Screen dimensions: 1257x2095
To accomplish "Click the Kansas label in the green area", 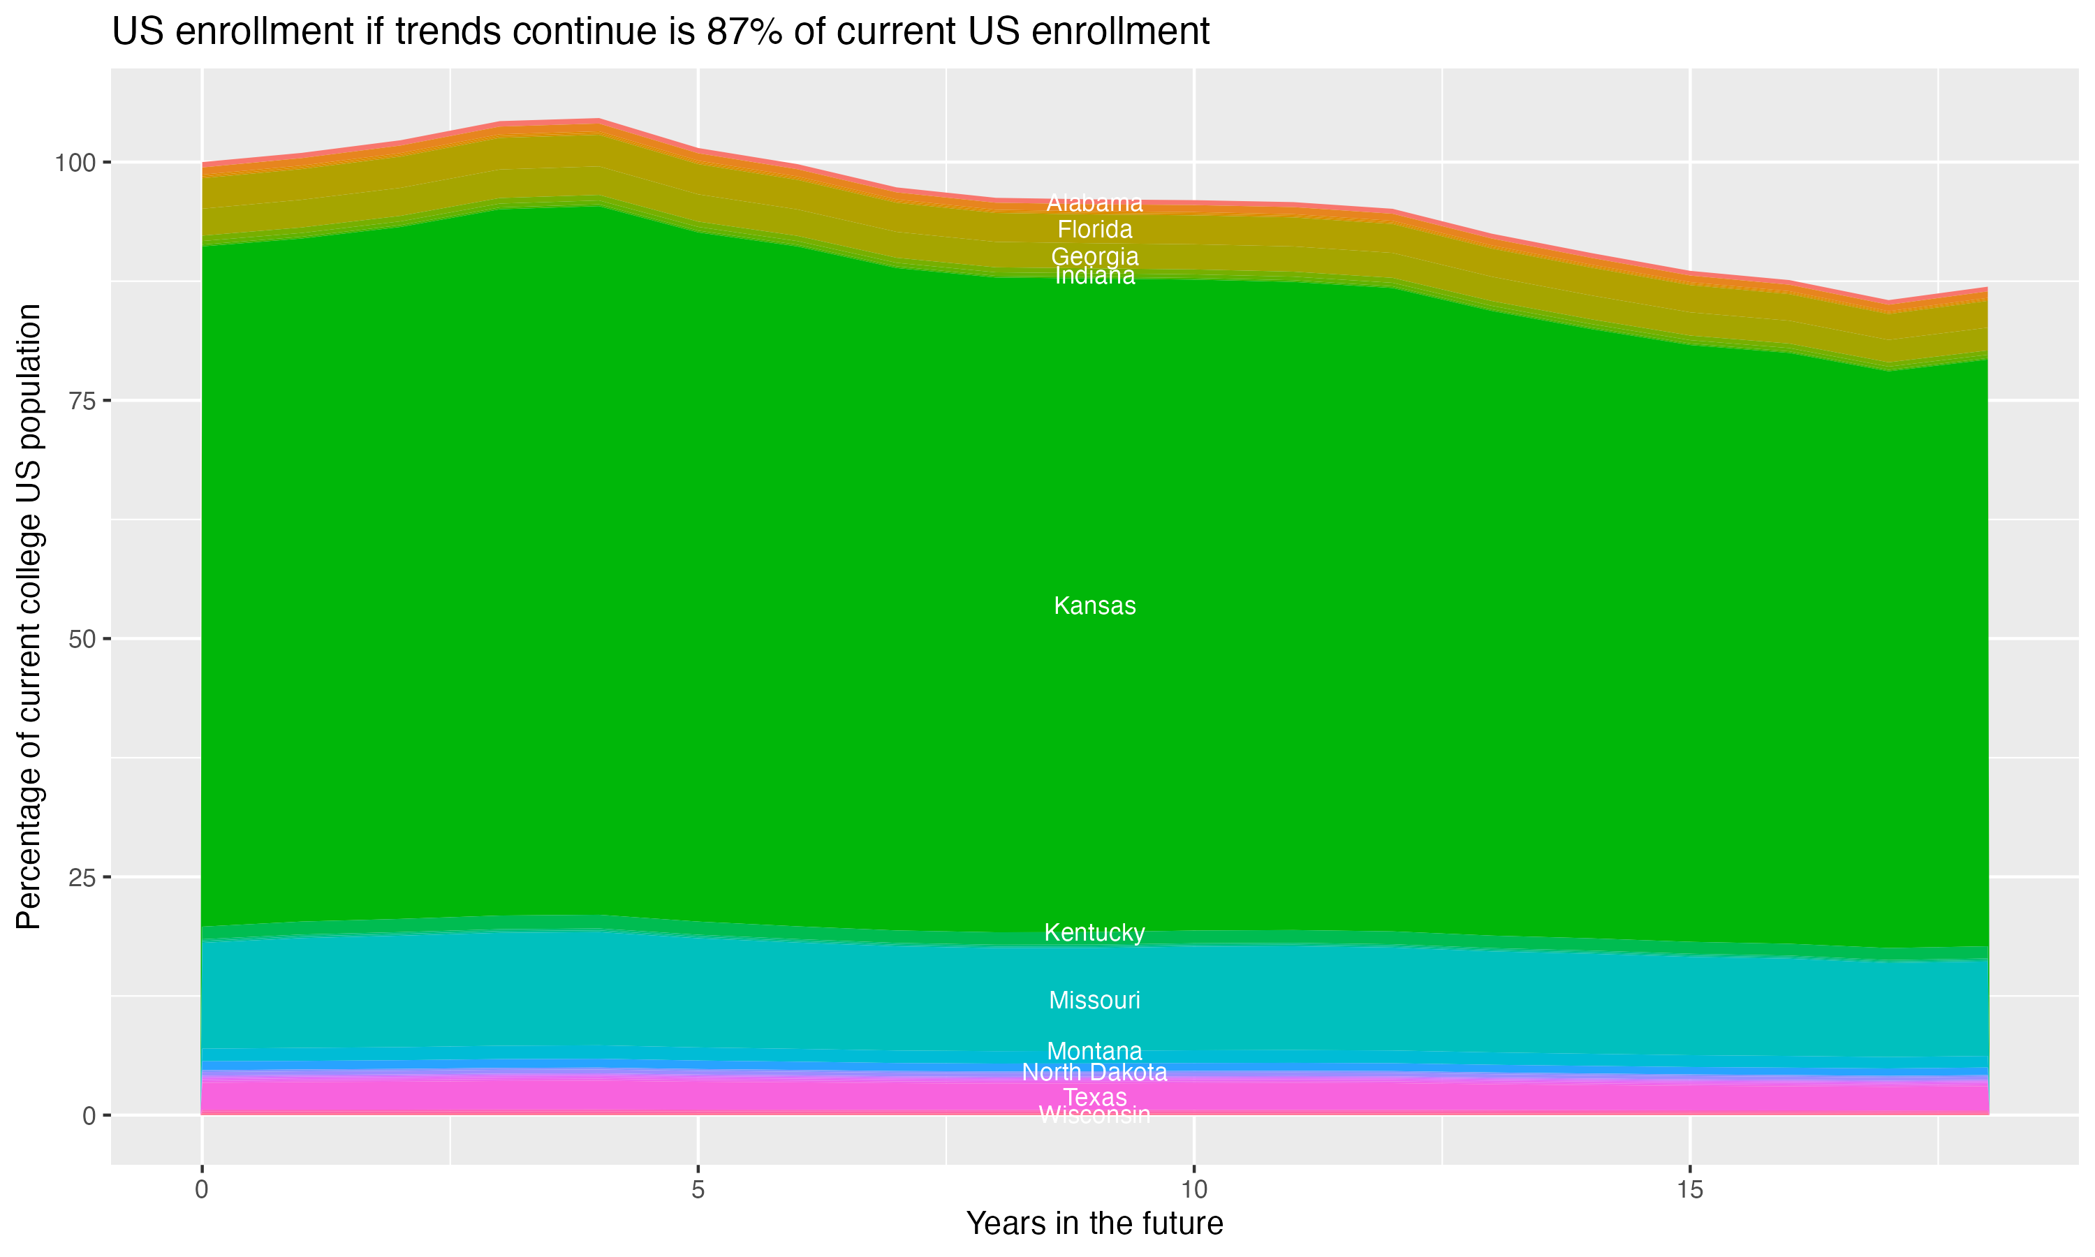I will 1094,605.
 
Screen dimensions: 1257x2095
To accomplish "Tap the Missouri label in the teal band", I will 1094,1000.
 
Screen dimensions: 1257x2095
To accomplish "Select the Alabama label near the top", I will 1094,203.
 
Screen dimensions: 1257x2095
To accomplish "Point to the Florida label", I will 1094,230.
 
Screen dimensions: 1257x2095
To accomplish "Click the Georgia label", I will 1094,256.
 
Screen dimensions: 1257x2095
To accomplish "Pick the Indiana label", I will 1094,276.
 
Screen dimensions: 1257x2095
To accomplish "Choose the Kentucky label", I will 1094,932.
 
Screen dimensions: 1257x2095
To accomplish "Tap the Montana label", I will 1094,1051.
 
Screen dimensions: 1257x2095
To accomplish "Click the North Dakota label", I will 1094,1073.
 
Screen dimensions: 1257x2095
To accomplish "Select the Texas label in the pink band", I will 1094,1097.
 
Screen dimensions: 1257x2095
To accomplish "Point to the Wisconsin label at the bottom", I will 1094,1115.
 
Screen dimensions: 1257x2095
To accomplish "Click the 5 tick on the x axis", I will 698,1190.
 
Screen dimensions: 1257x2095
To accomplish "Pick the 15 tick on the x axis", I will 1689,1190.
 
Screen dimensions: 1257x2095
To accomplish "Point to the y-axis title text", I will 29,617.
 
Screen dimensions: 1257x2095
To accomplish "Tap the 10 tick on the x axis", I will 1193,1190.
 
